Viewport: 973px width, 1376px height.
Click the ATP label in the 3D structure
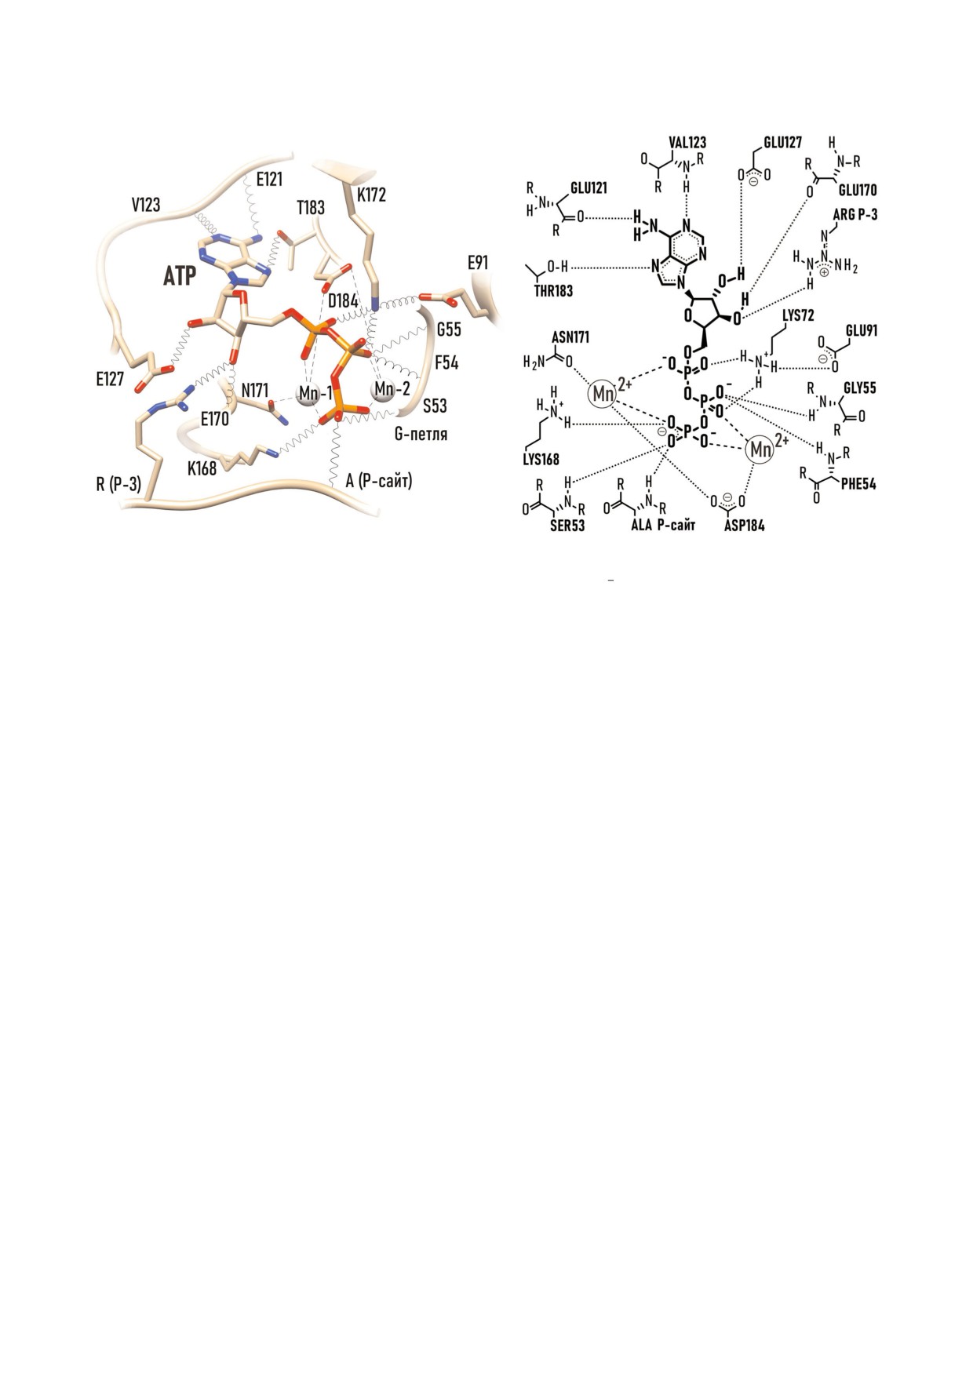[x=180, y=277]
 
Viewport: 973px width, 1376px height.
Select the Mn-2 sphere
[x=383, y=389]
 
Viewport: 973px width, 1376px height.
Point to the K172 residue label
[x=371, y=194]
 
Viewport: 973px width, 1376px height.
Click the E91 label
[x=477, y=263]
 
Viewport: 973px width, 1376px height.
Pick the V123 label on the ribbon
[x=146, y=205]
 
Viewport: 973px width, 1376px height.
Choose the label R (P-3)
[x=119, y=484]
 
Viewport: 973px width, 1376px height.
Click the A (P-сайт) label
[x=379, y=480]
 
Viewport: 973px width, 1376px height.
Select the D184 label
[x=344, y=301]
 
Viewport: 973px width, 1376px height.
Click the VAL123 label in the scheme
[x=687, y=142]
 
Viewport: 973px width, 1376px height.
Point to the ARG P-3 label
[x=855, y=215]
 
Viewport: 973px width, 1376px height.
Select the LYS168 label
[x=541, y=460]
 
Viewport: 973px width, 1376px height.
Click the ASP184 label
[x=745, y=525]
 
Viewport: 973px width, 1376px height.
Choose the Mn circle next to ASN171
[x=603, y=393]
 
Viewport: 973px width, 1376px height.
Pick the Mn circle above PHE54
[x=760, y=450]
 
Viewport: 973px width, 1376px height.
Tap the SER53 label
[x=567, y=526]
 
